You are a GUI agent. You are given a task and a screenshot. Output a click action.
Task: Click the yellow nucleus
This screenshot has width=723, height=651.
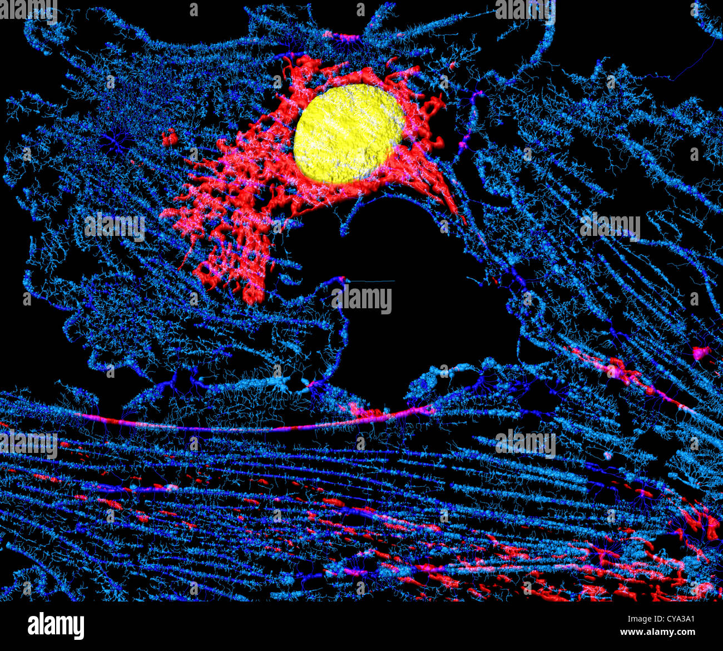point(349,134)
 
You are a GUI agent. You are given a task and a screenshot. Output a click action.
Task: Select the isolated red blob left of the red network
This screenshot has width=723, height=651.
point(170,136)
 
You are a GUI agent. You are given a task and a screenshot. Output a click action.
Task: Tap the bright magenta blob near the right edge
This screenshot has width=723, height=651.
point(701,352)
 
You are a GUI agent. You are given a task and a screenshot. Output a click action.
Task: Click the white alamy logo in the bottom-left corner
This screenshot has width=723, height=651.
point(56,625)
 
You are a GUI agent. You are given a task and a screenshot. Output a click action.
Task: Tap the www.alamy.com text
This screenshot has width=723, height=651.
point(658,633)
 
